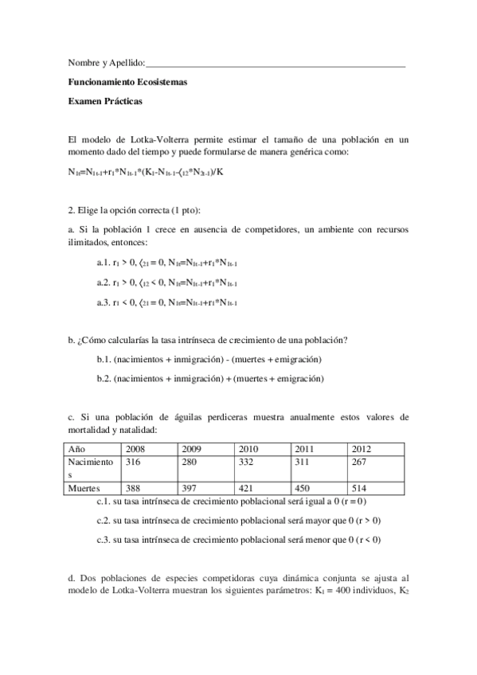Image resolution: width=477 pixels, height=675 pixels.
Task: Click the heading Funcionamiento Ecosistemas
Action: click(x=128, y=82)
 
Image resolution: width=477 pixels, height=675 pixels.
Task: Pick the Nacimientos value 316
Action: click(x=135, y=462)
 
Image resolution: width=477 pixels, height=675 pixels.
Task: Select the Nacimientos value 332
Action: click(x=248, y=462)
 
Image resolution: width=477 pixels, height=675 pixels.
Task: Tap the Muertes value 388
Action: click(x=135, y=486)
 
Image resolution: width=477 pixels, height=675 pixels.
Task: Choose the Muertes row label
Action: click(x=84, y=486)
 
